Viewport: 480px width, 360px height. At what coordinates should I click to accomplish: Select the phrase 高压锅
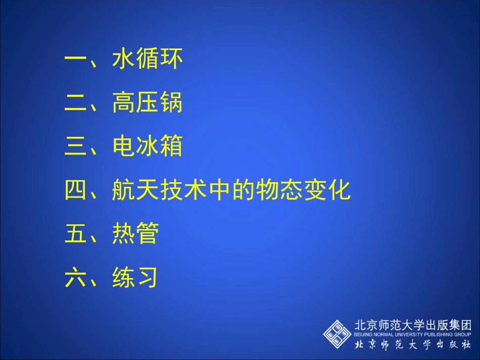tap(147, 104)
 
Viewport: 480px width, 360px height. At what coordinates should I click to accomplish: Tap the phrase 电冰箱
tap(147, 147)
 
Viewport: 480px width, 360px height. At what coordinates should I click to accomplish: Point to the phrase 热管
tap(135, 234)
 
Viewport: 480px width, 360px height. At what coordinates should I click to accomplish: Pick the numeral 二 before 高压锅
tap(76, 104)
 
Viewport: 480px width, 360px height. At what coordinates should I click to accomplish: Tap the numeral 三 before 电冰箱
tap(76, 147)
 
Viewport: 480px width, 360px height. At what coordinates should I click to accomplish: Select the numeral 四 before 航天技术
tap(76, 191)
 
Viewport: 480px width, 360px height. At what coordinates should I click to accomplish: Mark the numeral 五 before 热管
tap(76, 234)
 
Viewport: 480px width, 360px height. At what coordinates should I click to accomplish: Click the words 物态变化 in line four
tap(303, 191)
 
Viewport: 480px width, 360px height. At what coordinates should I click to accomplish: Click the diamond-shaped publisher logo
tap(337, 333)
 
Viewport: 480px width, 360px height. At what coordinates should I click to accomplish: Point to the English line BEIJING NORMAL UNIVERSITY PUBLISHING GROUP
tap(413, 334)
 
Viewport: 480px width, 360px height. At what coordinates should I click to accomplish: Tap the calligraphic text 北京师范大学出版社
tap(413, 345)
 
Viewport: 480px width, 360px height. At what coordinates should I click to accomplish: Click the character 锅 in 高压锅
tap(171, 104)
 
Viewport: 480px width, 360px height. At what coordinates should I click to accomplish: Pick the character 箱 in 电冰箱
tap(171, 147)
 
